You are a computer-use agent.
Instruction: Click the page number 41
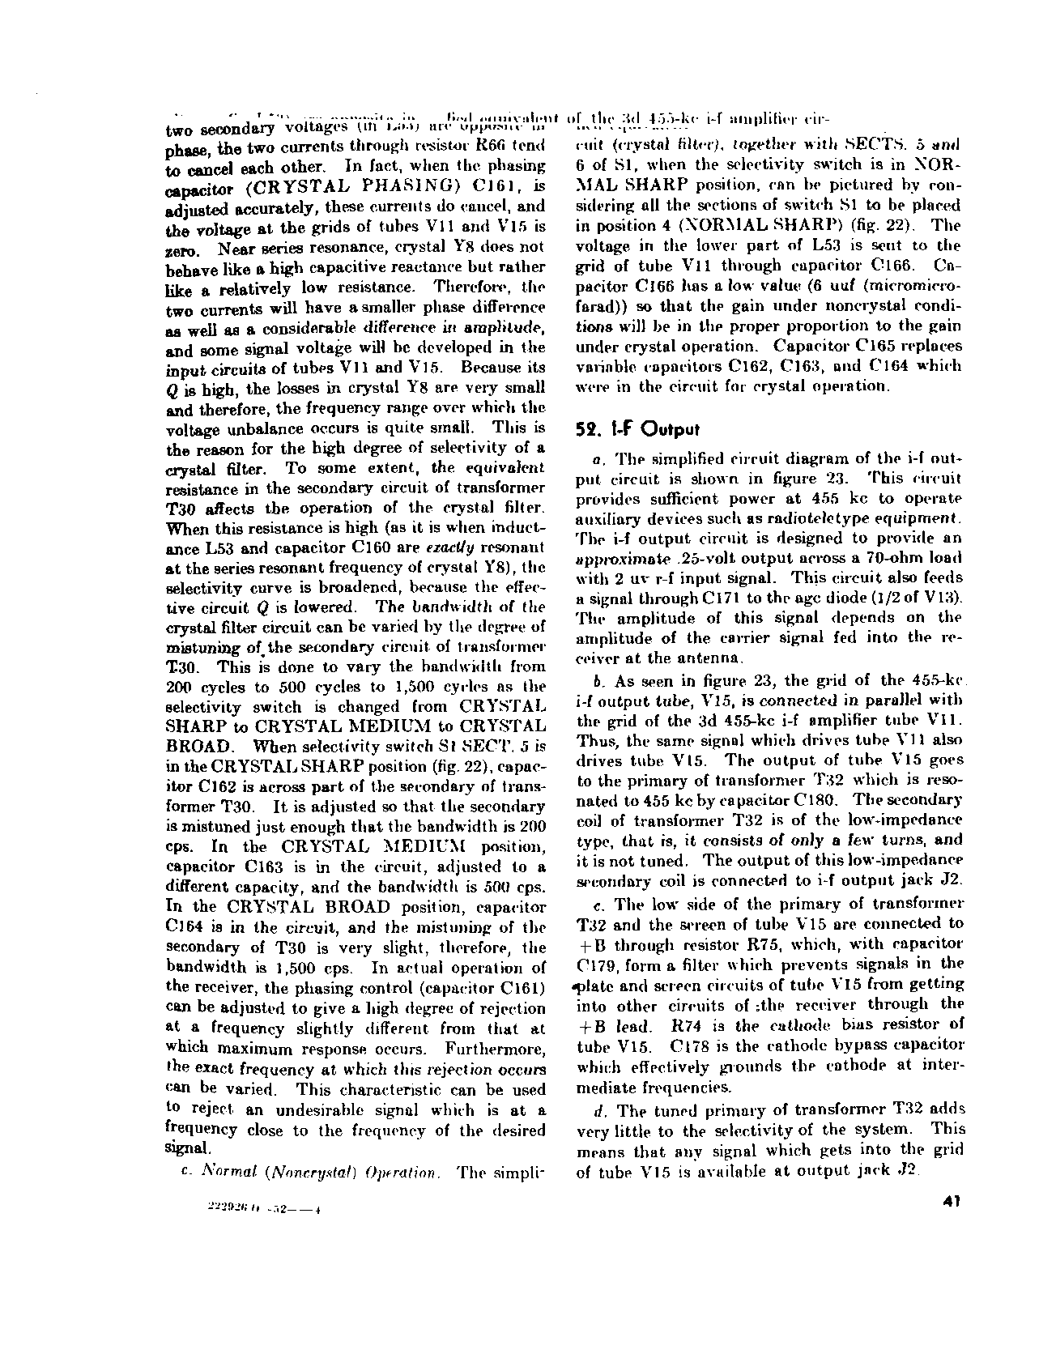(x=951, y=1202)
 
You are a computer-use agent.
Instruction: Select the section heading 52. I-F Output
(x=637, y=428)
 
